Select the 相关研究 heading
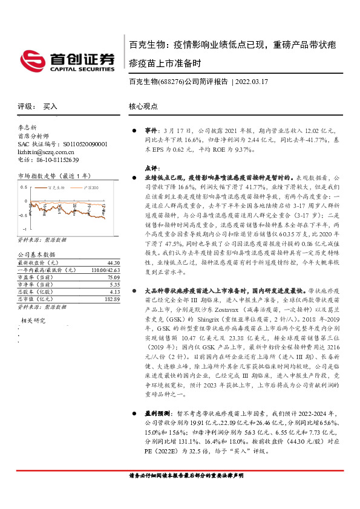[x=33, y=320]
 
